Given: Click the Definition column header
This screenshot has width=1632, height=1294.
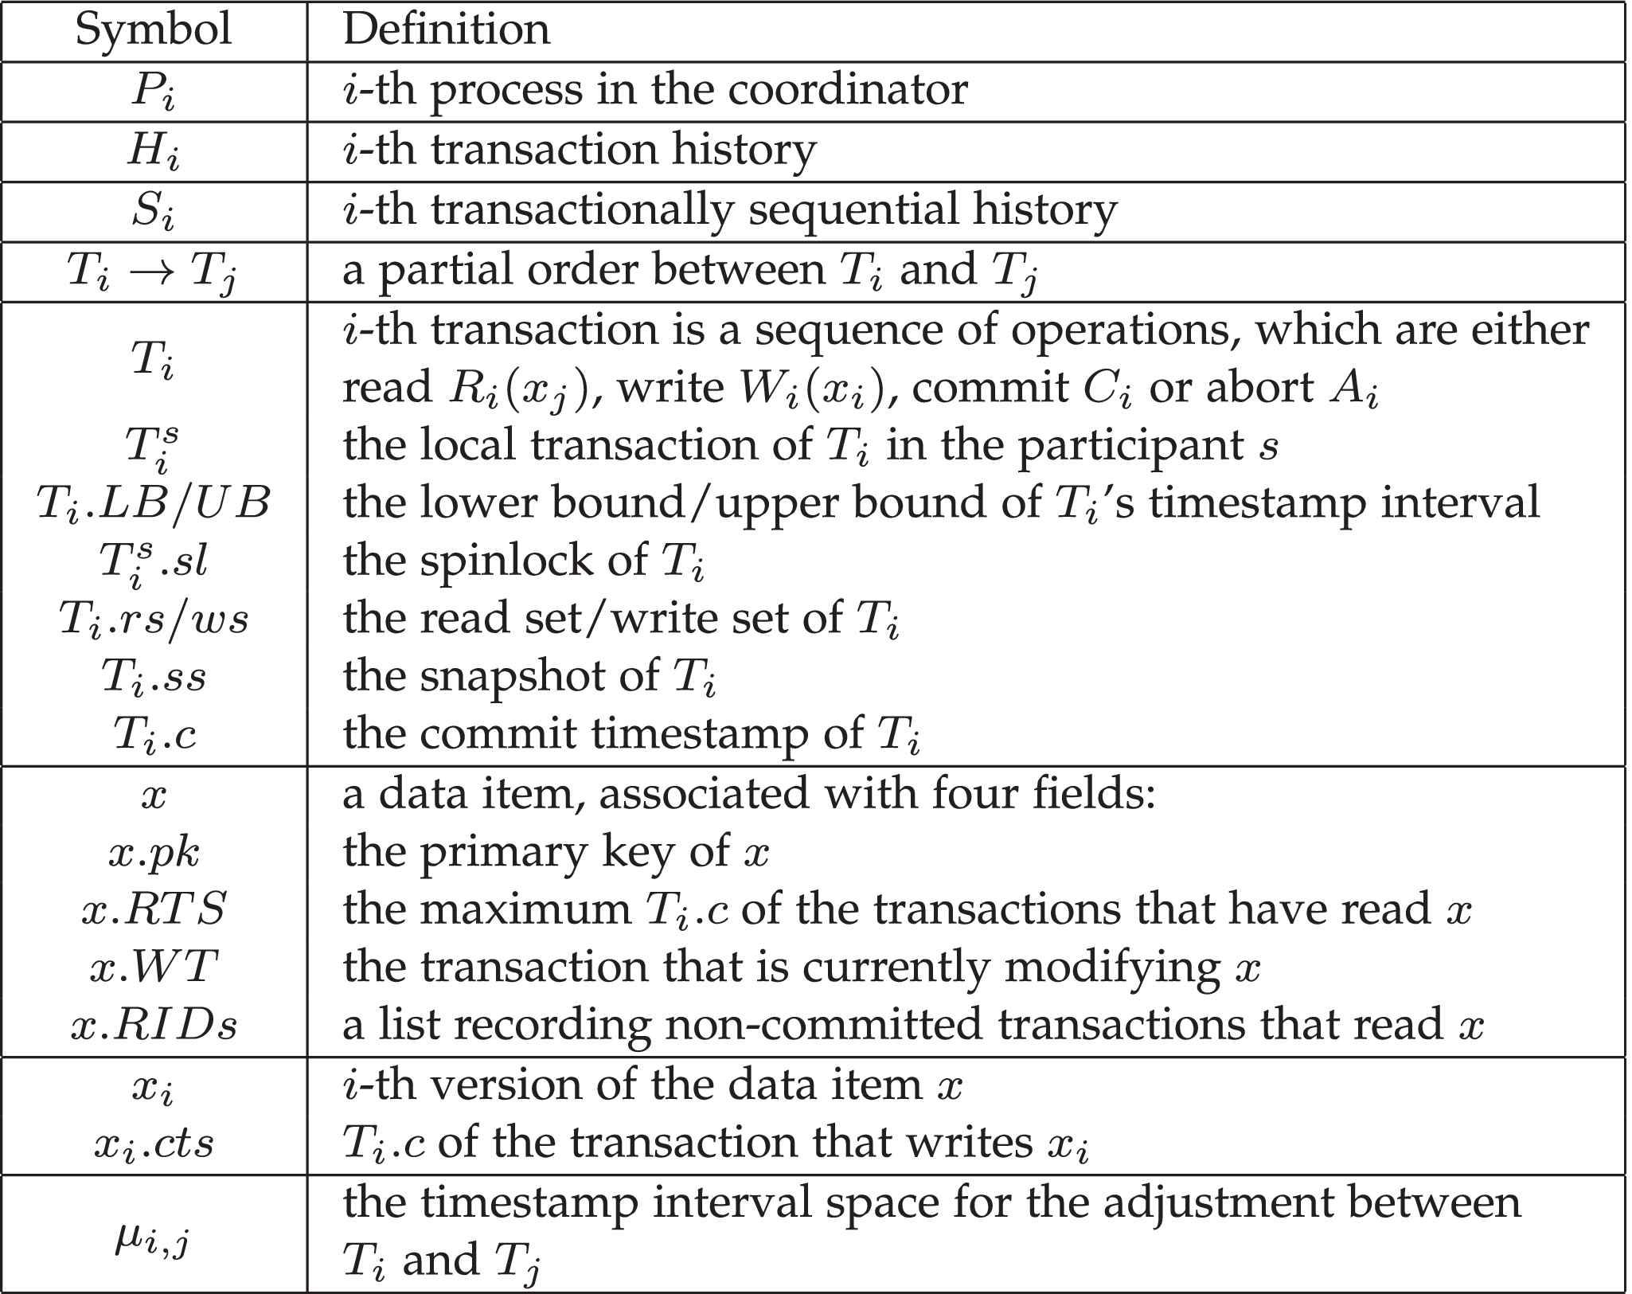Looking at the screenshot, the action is click(447, 29).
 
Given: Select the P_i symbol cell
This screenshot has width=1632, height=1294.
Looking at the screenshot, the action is click(153, 92).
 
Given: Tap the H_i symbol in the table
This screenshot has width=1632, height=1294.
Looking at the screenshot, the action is click(153, 151).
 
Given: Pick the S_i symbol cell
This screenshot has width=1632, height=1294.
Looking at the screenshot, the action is click(153, 211).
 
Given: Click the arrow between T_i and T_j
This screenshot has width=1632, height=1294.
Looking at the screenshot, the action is click(153, 271).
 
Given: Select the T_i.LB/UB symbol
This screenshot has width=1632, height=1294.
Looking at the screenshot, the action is click(153, 503).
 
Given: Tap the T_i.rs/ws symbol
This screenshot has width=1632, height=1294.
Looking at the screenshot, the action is click(153, 619).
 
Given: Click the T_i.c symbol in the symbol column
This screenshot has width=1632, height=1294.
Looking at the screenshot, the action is click(154, 734).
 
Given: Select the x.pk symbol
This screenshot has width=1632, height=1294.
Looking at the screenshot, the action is click(154, 853).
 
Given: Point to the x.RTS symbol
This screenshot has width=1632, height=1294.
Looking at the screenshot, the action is click(154, 909).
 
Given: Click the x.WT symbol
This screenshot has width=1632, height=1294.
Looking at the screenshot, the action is click(154, 967).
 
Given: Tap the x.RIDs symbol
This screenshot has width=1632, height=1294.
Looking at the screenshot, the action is click(154, 1025).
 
